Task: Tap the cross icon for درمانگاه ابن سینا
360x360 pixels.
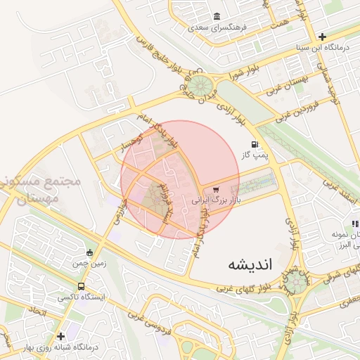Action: (322, 37)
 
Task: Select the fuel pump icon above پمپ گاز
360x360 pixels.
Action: (245, 144)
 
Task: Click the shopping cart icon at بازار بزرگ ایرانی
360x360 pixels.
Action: (216, 188)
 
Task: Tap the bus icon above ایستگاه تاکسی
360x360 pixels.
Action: (82, 286)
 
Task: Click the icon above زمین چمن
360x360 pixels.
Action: (89, 253)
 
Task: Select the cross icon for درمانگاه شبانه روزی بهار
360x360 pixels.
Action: (61, 336)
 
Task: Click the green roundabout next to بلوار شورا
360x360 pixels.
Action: (204, 86)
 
